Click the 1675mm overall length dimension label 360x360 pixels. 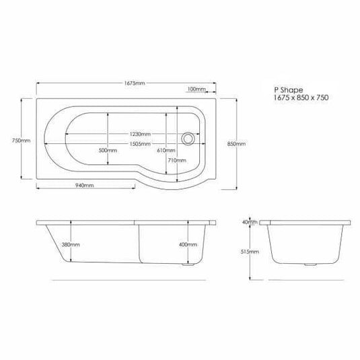tap(135, 83)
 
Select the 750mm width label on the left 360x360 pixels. tap(22, 141)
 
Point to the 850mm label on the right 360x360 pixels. tap(237, 144)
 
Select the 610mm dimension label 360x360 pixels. tap(165, 151)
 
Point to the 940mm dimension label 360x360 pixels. tap(84, 185)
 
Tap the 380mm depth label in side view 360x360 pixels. tap(70, 244)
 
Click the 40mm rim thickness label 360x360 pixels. tap(250, 222)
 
